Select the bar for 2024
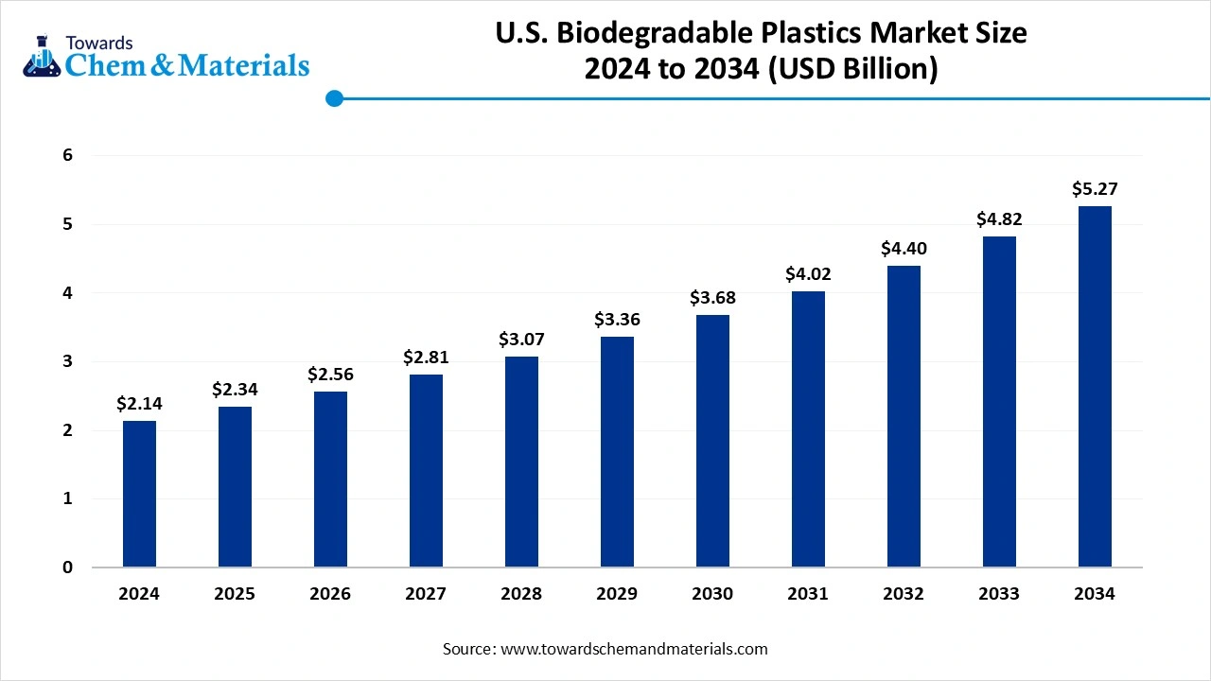tap(139, 494)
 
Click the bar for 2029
tap(617, 452)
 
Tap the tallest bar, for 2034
tap(1095, 387)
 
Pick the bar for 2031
tap(808, 429)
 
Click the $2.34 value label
tap(235, 389)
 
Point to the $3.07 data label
tap(521, 339)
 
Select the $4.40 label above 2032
tap(904, 249)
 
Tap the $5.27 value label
tap(1095, 189)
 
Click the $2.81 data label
tap(426, 357)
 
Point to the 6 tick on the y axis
tap(68, 155)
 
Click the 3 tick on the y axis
tap(68, 361)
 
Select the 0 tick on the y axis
tap(68, 567)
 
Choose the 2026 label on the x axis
tap(330, 594)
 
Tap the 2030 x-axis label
tap(712, 594)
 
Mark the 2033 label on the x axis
tap(999, 594)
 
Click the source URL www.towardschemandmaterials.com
tap(633, 649)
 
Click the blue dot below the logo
tap(333, 98)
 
